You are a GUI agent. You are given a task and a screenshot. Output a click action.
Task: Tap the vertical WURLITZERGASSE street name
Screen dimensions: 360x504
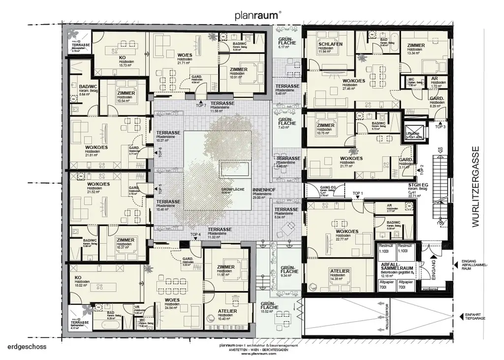point(475,186)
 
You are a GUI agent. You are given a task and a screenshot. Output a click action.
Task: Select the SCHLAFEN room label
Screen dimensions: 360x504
point(330,44)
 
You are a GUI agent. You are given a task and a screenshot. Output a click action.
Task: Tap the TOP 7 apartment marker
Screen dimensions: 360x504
point(200,105)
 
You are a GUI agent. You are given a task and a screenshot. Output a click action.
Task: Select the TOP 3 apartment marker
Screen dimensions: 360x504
point(440,126)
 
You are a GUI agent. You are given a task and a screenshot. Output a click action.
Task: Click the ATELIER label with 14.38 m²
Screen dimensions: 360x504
point(340,271)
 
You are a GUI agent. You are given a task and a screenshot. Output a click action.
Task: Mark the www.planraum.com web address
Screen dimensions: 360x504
point(258,354)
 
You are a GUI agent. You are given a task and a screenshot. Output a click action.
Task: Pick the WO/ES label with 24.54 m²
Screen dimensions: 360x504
point(172,300)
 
